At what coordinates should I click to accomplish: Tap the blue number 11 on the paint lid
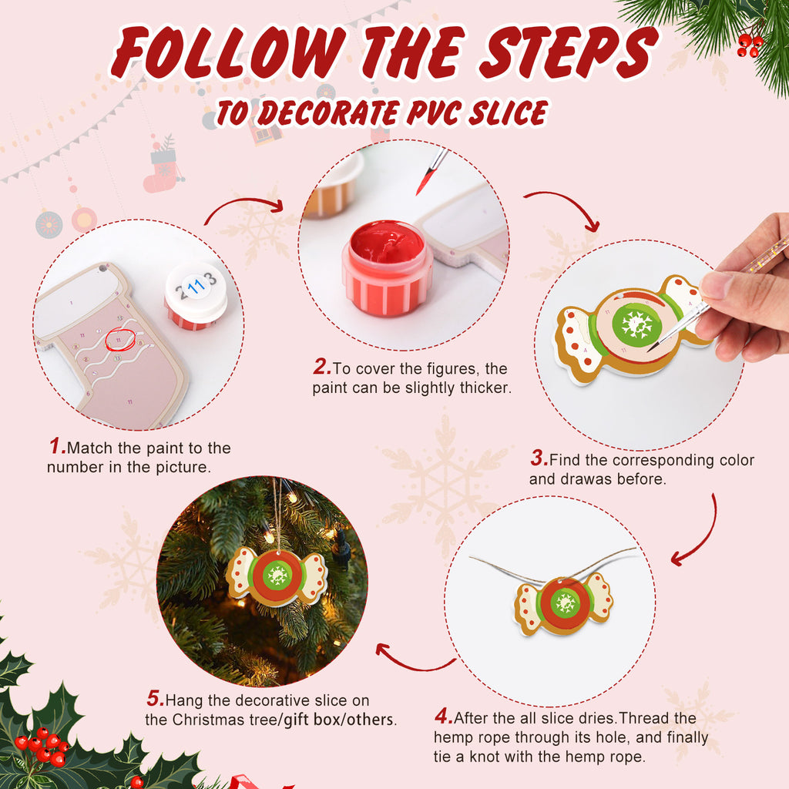pyautogui.click(x=196, y=289)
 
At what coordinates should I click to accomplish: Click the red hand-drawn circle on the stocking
pyautogui.click(x=119, y=338)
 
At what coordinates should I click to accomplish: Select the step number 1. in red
pyautogui.click(x=57, y=447)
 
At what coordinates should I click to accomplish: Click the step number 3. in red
pyautogui.click(x=539, y=459)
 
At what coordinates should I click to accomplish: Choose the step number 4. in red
pyautogui.click(x=443, y=717)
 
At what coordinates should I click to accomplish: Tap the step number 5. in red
pyautogui.click(x=155, y=700)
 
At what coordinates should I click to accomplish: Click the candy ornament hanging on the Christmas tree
pyautogui.click(x=276, y=575)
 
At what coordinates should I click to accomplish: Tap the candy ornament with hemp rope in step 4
pyautogui.click(x=564, y=603)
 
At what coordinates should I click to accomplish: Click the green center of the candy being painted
pyautogui.click(x=637, y=324)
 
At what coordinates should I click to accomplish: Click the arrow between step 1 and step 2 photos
pyautogui.click(x=245, y=206)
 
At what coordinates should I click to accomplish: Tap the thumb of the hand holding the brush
pyautogui.click(x=718, y=285)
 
